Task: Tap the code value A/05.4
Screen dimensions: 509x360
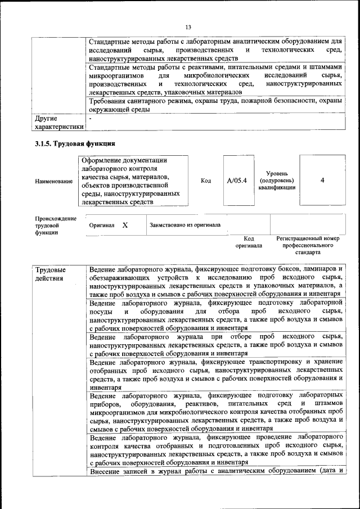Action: point(237,181)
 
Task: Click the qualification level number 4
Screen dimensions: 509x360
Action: point(322,181)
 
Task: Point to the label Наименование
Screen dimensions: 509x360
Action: point(53,181)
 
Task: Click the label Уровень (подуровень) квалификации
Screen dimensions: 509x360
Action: point(277,181)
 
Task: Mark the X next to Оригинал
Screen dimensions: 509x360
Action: point(125,225)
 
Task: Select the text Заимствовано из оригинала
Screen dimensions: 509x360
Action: point(185,225)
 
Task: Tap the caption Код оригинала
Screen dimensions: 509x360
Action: point(249,242)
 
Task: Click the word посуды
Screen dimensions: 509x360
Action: point(100,311)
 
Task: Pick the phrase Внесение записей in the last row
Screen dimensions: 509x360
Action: point(118,471)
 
